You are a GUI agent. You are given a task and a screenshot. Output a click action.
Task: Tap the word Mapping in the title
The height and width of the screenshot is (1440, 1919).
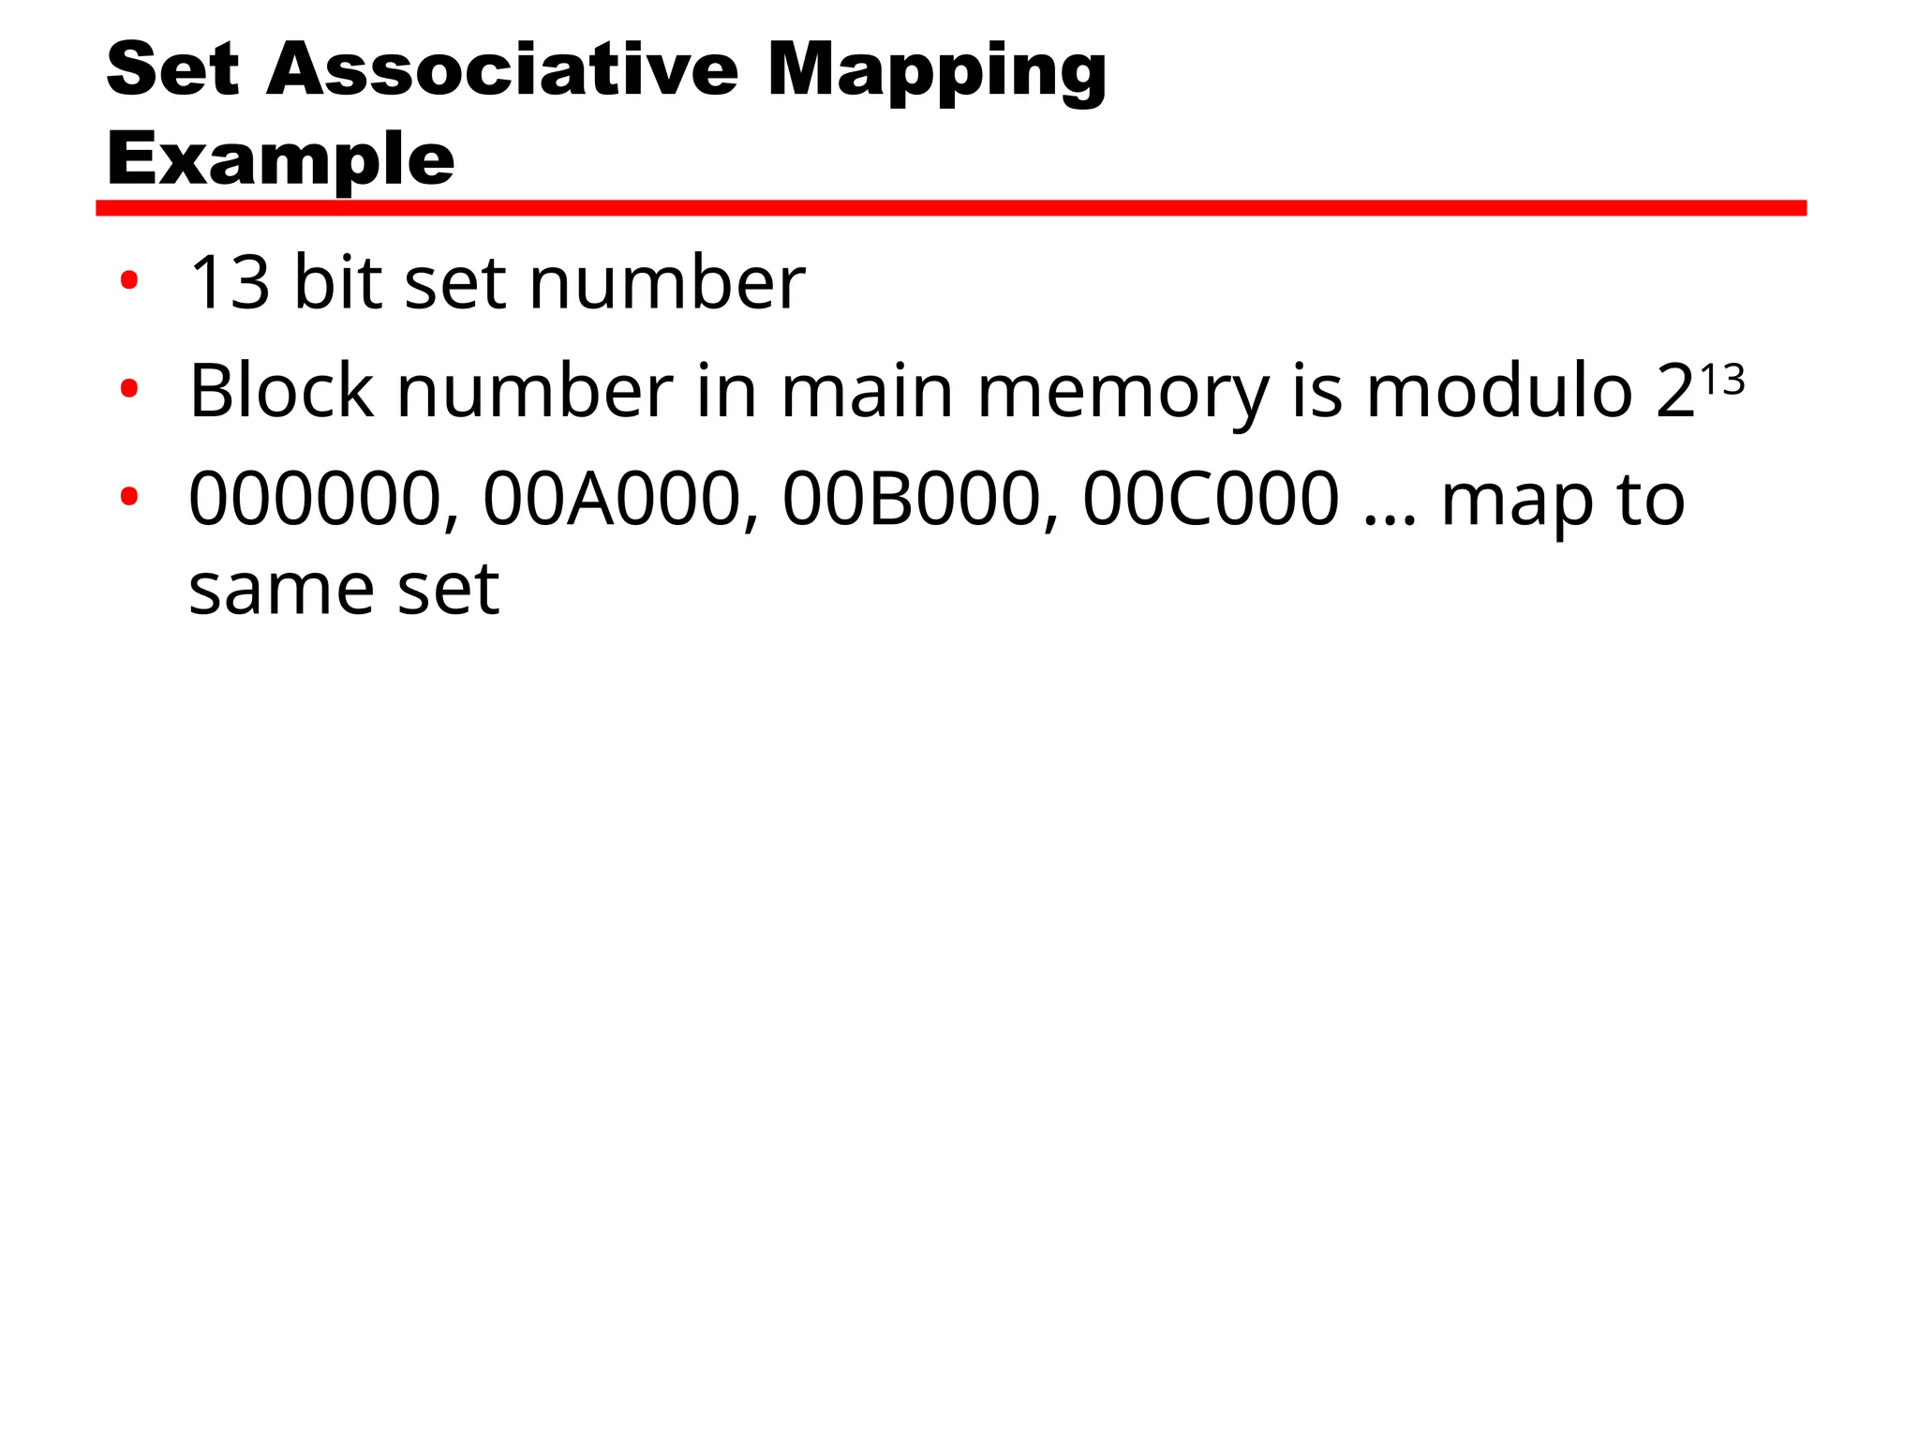937,74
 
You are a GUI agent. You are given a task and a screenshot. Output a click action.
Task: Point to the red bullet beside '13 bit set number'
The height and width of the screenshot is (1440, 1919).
129,279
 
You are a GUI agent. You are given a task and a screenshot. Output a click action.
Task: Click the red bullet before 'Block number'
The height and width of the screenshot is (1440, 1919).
129,387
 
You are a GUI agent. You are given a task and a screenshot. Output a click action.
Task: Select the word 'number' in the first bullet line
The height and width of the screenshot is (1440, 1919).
667,282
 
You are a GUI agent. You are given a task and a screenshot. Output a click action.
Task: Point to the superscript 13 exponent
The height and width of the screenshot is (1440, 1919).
1722,380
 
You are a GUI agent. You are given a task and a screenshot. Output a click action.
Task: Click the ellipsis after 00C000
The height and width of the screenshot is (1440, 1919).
1391,519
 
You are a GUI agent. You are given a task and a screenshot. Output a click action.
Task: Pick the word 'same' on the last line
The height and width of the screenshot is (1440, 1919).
281,592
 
